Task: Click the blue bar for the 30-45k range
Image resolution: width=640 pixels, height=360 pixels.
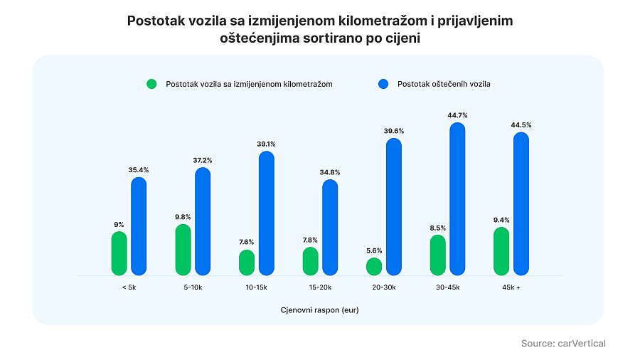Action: (x=457, y=199)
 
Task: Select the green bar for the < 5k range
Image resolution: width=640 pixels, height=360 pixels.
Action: (x=119, y=254)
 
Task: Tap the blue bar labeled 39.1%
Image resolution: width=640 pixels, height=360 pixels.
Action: (x=267, y=213)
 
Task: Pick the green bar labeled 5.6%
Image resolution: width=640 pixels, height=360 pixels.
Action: (x=374, y=267)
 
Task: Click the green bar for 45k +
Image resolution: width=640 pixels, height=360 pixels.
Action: (x=501, y=251)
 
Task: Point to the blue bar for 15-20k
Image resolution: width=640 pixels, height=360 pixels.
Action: (x=330, y=228)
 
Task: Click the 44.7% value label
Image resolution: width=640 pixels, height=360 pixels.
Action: (x=457, y=115)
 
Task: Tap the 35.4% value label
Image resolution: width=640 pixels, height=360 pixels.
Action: (x=139, y=169)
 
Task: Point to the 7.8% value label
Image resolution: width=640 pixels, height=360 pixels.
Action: (x=310, y=240)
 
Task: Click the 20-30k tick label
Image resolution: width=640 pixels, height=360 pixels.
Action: (x=384, y=288)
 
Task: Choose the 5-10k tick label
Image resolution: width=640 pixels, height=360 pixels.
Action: (x=193, y=288)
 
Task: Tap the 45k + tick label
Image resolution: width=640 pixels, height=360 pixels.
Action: (x=511, y=288)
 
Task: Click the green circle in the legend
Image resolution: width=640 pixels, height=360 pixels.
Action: (x=151, y=84)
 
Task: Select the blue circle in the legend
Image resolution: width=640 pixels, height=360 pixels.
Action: (x=384, y=84)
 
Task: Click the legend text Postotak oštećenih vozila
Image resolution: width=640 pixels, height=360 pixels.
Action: (x=444, y=84)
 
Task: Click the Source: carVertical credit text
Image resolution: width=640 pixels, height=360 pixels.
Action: (x=563, y=344)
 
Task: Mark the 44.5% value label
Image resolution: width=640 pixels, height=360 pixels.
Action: (x=521, y=125)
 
